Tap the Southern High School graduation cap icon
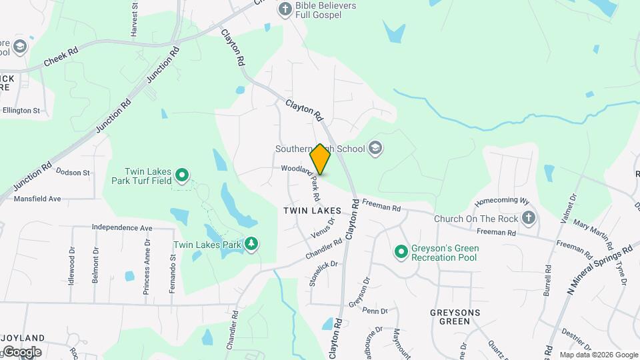click(375, 148)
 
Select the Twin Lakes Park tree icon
click(251, 244)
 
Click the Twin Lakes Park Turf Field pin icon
click(182, 176)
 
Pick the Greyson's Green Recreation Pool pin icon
click(401, 252)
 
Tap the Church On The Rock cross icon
click(529, 217)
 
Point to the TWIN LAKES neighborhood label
click(312, 210)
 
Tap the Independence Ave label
click(122, 227)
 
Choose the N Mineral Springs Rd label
click(601, 267)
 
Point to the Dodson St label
click(73, 173)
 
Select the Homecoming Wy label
click(501, 201)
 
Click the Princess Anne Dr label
click(146, 273)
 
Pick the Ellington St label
click(21, 110)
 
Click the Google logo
click(21, 351)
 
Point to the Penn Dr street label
click(375, 311)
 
